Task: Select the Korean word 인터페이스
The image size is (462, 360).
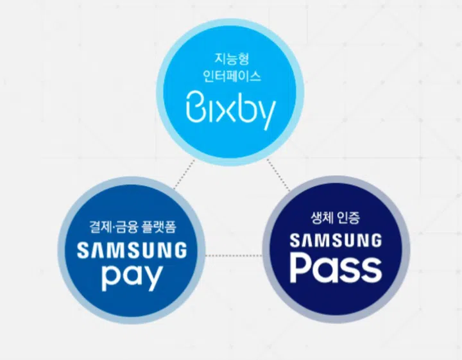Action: (231, 76)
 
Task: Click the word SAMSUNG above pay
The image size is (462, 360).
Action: (132, 250)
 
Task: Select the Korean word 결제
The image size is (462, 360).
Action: (98, 227)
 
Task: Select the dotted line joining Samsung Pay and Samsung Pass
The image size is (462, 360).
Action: (234, 255)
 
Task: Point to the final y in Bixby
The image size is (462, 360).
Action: (266, 113)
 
